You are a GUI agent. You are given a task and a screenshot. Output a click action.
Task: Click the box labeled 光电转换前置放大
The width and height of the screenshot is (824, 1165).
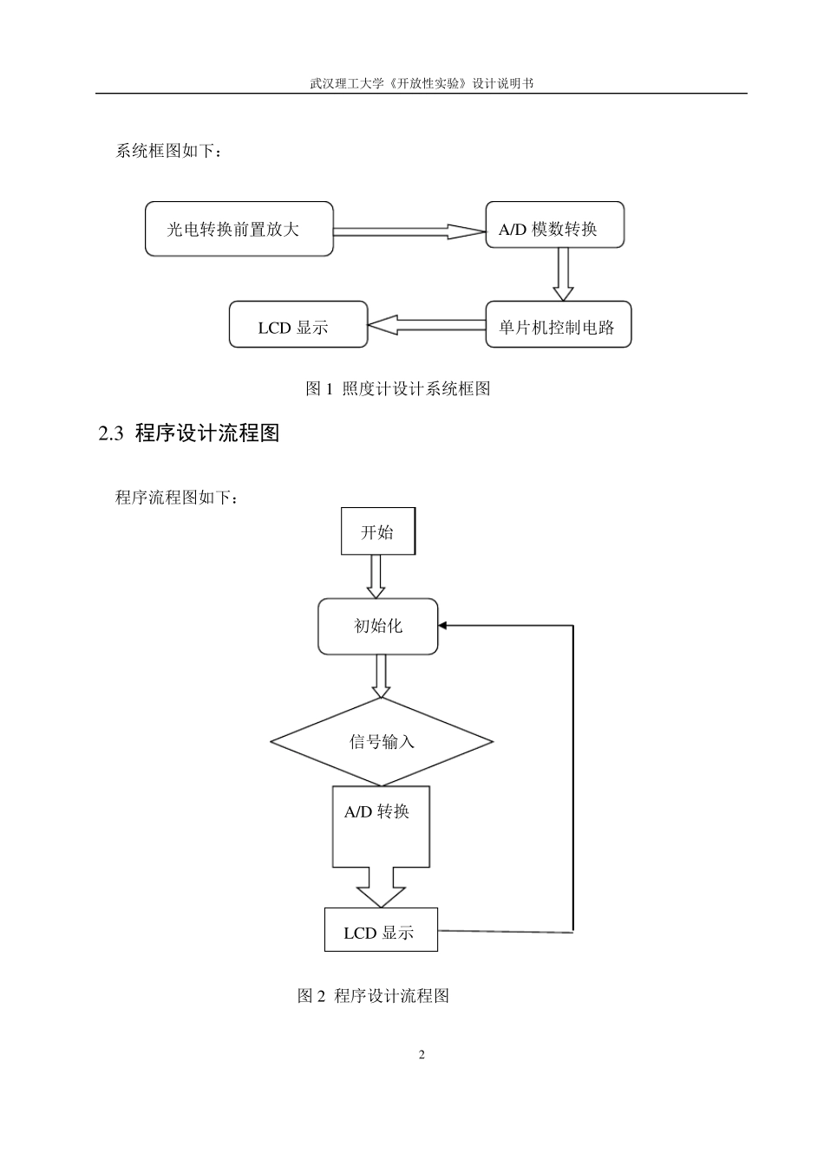[x=239, y=229]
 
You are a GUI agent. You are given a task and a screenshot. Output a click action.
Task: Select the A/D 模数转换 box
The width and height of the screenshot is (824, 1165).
[x=554, y=225]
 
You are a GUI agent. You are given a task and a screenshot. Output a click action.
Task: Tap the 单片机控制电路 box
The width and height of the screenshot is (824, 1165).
[x=558, y=325]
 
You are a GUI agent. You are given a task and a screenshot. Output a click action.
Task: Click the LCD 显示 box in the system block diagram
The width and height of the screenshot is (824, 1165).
[x=298, y=325]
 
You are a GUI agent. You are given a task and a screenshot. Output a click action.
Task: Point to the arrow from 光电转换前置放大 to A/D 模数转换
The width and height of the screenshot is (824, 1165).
[x=408, y=231]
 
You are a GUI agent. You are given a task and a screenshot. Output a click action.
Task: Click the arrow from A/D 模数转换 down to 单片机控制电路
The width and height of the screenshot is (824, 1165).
[x=563, y=274]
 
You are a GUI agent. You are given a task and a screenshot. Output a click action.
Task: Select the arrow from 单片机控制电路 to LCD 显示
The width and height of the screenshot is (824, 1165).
[x=426, y=325]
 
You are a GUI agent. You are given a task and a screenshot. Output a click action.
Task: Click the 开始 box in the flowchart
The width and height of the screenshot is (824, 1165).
[x=376, y=532]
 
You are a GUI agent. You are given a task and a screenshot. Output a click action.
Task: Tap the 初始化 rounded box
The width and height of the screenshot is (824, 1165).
[x=377, y=626]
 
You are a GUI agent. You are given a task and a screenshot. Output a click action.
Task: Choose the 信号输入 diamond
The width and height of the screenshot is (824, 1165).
[x=382, y=741]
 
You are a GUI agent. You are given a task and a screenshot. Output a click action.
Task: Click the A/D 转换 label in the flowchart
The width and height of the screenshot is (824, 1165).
[x=376, y=812]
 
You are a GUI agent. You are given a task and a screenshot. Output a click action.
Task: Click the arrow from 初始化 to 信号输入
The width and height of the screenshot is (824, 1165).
[x=381, y=676]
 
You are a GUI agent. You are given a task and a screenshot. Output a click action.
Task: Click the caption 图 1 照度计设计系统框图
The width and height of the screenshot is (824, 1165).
[x=398, y=389]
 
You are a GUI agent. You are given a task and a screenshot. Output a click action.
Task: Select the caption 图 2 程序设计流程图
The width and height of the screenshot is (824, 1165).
[x=373, y=996]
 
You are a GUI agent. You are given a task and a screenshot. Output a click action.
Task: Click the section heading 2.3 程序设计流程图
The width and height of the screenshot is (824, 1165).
[x=189, y=433]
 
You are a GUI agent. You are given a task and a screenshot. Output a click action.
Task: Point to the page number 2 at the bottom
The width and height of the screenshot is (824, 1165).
[x=422, y=1055]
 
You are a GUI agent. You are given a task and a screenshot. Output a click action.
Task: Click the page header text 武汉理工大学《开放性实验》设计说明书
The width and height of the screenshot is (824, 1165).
[x=421, y=83]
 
